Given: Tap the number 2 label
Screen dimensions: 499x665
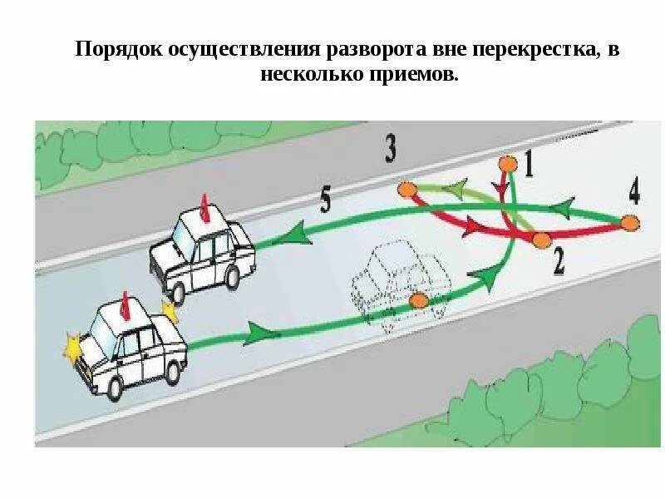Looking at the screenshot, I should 558,262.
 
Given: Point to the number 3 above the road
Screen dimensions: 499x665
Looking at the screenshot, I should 391,148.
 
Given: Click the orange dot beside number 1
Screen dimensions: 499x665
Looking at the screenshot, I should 505,163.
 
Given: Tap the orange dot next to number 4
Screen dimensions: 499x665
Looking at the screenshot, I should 631,223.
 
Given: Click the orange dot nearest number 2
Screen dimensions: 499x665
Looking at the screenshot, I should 541,240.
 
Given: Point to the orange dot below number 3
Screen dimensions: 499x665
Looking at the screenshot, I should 406,190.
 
